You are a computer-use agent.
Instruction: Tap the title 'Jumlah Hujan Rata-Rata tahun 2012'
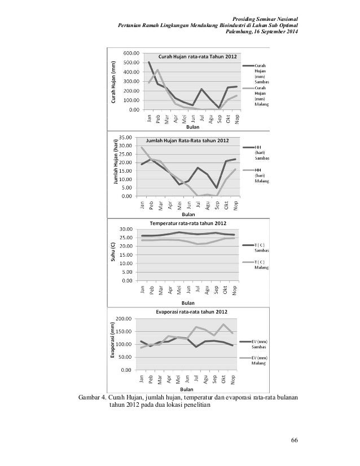(187, 140)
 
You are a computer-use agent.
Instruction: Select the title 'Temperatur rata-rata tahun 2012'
(187, 223)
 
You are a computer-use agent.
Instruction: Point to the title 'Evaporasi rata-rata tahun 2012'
(188, 312)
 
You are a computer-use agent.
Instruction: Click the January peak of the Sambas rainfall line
(149, 62)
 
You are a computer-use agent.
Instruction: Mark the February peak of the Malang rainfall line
(157, 70)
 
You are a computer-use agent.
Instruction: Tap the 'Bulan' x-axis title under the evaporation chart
(187, 389)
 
